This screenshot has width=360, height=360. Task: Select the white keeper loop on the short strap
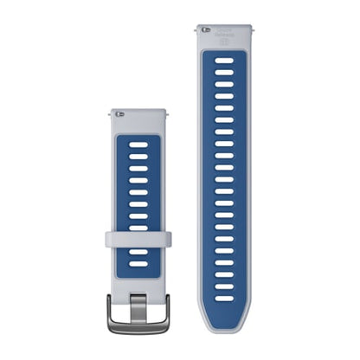coord(138,238)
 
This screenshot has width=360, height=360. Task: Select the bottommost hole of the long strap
coord(224,297)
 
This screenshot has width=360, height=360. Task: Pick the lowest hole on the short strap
coord(138,262)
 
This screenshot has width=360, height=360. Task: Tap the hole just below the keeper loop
coord(138,252)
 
